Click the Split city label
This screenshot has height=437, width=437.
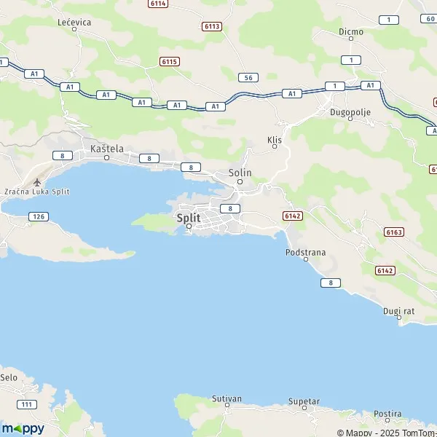click(x=189, y=216)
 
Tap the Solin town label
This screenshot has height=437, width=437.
click(x=240, y=173)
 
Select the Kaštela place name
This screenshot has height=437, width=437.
click(x=106, y=149)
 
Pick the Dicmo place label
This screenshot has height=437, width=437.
click(x=350, y=31)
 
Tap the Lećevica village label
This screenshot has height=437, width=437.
click(x=74, y=23)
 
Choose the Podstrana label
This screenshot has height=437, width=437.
click(x=306, y=252)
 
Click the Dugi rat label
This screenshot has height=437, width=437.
click(x=398, y=311)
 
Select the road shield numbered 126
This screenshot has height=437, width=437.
click(x=39, y=216)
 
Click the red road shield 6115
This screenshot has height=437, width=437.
click(x=169, y=62)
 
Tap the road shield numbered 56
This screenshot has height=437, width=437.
click(x=248, y=76)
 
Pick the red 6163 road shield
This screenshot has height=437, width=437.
click(x=394, y=232)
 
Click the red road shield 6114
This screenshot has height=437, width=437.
click(x=157, y=4)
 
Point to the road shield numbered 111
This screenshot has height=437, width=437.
click(x=27, y=404)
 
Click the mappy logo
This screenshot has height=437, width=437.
click(x=23, y=428)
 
